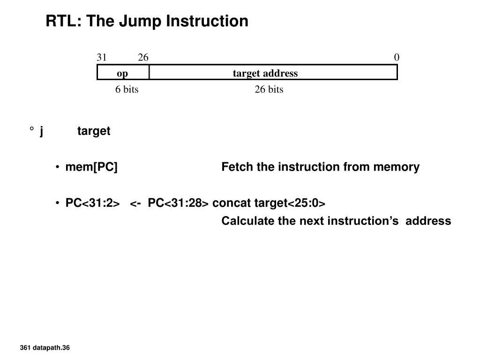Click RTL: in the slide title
(64, 21)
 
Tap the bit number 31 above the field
(102, 57)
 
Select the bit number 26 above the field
(143, 57)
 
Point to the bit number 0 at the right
(397, 57)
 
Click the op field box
(123, 72)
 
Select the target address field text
(265, 73)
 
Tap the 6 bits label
(127, 90)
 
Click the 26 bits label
(269, 90)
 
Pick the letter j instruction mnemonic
(41, 131)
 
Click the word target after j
(94, 131)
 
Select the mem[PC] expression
(91, 167)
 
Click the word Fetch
(238, 167)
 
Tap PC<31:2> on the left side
(92, 203)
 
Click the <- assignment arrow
(135, 203)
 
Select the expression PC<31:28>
(178, 203)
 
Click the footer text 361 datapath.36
(45, 348)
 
